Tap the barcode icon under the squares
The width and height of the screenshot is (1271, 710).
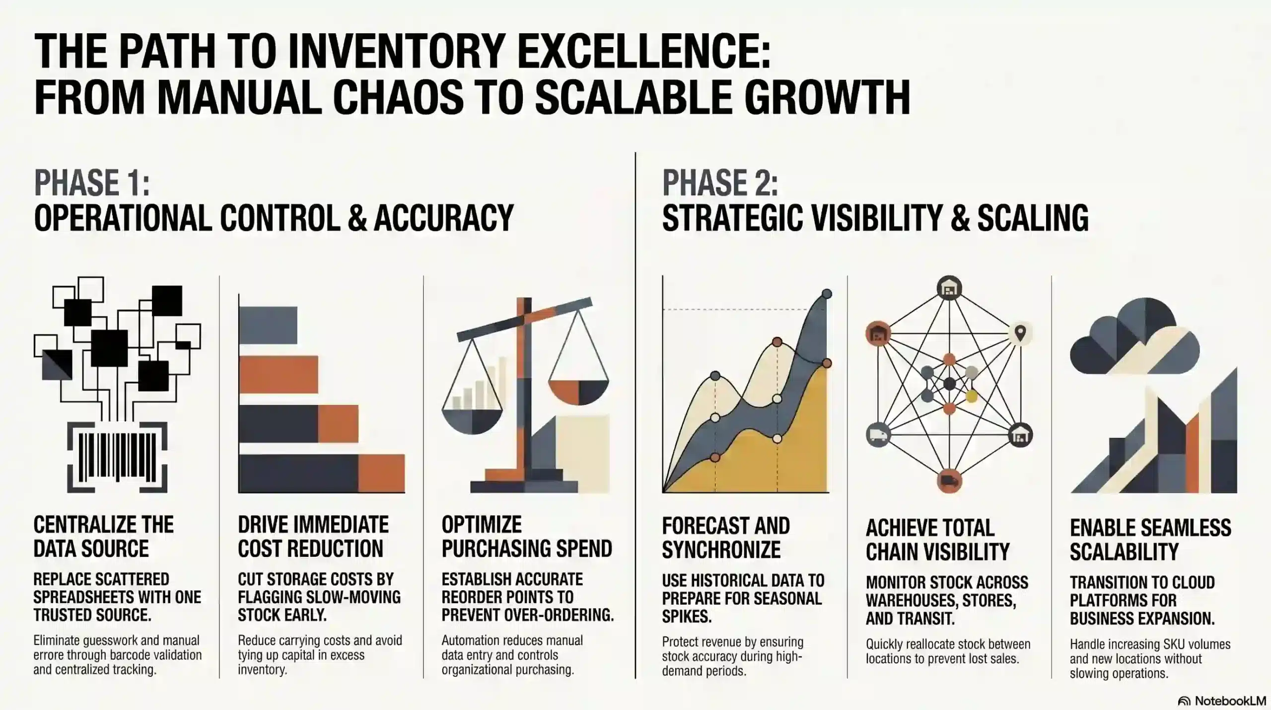coord(117,457)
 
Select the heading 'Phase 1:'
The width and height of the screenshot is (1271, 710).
coord(92,183)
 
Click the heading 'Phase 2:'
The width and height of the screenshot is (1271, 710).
coord(720,183)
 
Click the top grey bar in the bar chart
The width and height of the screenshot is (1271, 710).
coord(268,325)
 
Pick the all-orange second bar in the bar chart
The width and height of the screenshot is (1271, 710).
coord(278,375)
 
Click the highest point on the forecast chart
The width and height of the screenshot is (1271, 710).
coord(827,294)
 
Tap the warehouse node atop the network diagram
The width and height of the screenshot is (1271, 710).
coord(949,288)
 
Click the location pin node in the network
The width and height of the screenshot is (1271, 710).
coord(1020,333)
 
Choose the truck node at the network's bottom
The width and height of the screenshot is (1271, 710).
coord(949,480)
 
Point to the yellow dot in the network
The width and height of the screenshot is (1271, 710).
coord(972,396)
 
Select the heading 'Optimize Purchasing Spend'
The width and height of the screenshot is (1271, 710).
coord(527,537)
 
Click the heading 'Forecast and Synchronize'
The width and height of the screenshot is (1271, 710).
coord(725,538)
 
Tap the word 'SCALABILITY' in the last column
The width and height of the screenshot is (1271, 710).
coord(1124,552)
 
